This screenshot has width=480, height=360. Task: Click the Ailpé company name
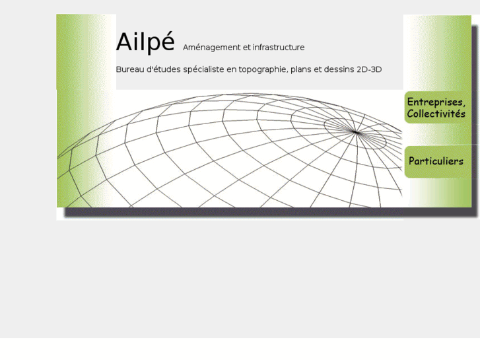point(145,42)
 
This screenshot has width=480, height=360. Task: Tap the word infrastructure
point(279,48)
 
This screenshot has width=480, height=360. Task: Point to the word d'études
point(167,69)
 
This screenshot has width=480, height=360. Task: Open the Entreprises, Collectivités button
point(436,108)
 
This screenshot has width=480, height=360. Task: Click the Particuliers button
point(436,161)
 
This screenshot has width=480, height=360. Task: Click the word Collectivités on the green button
point(436,114)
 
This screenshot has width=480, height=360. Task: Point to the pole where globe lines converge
point(356,133)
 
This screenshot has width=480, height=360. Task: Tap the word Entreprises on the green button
point(436,102)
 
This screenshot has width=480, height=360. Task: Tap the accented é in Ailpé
point(168,42)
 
